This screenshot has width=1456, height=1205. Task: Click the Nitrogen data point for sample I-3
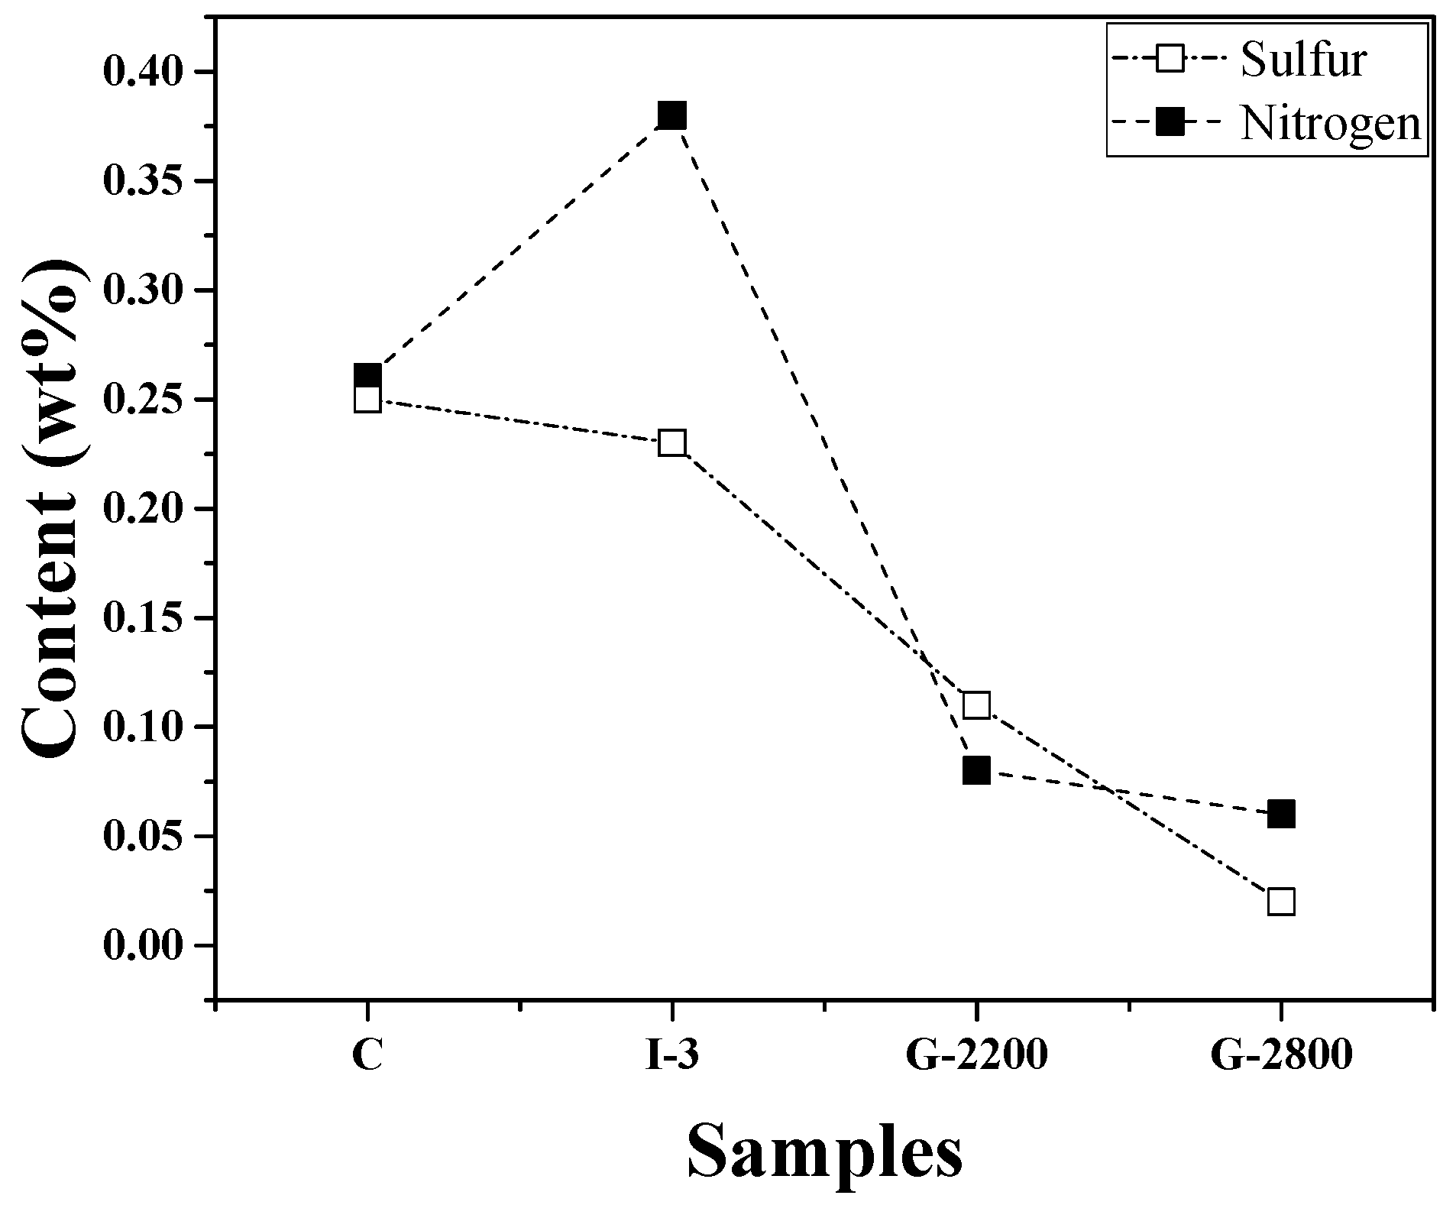(671, 116)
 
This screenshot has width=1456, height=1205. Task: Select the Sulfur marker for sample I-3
(671, 443)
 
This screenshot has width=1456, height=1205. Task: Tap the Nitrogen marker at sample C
(367, 376)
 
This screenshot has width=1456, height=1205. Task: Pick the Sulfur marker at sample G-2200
(976, 705)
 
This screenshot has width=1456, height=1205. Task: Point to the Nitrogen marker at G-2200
(976, 770)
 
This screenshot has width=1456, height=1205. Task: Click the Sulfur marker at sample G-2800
(1280, 902)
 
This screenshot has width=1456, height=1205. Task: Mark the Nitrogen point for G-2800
(1280, 815)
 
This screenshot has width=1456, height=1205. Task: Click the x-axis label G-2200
(976, 1056)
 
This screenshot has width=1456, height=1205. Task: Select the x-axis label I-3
(671, 1056)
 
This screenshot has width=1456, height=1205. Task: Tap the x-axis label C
(367, 1056)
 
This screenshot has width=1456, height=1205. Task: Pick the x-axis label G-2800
(1280, 1056)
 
